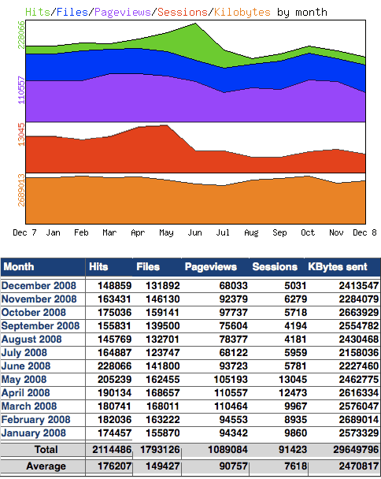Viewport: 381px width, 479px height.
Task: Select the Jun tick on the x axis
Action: click(x=194, y=233)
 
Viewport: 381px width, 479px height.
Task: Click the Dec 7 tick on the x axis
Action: click(x=25, y=233)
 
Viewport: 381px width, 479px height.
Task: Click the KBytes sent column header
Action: click(x=338, y=267)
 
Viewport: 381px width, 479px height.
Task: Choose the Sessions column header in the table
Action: click(x=274, y=267)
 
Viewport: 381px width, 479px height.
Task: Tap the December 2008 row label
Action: click(x=40, y=285)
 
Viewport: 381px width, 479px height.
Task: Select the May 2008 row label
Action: click(x=24, y=379)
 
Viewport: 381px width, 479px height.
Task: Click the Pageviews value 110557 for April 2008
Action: click(x=224, y=392)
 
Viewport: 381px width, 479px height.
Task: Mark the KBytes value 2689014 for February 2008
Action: click(x=353, y=419)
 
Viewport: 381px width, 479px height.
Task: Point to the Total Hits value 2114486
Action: click(x=109, y=450)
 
